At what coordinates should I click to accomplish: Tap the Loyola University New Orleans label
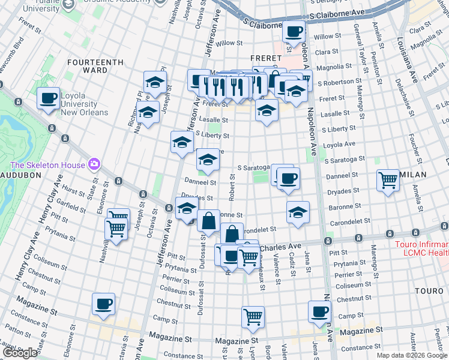(84, 104)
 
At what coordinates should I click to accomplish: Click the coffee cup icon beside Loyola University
(49, 98)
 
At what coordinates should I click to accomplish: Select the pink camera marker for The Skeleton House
(94, 164)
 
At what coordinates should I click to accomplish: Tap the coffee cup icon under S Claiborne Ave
(293, 31)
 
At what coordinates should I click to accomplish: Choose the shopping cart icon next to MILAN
(388, 179)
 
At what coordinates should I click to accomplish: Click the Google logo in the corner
(20, 353)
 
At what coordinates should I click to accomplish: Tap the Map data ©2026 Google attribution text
(412, 355)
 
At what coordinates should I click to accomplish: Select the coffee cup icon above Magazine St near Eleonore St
(103, 304)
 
